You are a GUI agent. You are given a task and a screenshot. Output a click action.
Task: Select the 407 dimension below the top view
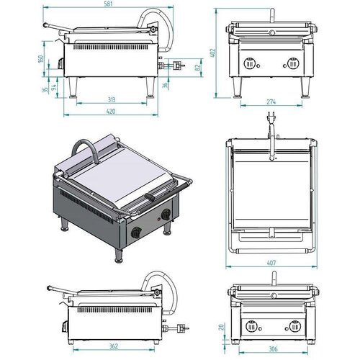coord(271,264)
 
